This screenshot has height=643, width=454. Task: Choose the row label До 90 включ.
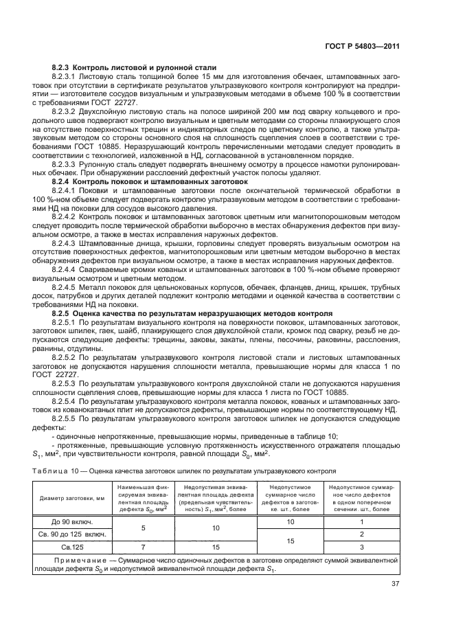click(x=66, y=521)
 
